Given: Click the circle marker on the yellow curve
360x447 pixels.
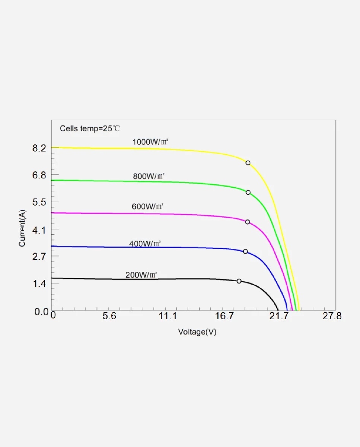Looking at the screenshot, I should [248, 163].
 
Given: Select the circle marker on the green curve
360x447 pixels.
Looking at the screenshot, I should [248, 192].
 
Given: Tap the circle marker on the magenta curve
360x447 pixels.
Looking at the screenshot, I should [248, 222].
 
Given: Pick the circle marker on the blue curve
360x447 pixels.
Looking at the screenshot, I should [245, 251].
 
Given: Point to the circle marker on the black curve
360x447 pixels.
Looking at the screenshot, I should [239, 281].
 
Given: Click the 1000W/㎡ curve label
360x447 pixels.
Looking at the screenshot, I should [148, 142].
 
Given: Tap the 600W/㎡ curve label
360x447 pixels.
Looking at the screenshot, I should [148, 206].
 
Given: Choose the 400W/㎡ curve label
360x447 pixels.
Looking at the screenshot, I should [145, 244].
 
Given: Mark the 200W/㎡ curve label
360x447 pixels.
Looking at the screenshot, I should [141, 275].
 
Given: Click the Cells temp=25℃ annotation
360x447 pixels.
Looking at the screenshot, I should [90, 129].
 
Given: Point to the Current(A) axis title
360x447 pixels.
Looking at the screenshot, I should [22, 228].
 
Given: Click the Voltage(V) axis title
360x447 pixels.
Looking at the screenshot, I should [197, 332].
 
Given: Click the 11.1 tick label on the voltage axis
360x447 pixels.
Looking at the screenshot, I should [168, 317].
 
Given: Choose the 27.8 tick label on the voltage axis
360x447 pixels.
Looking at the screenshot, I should [331, 317].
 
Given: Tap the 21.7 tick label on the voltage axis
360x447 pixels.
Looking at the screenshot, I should [279, 317].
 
